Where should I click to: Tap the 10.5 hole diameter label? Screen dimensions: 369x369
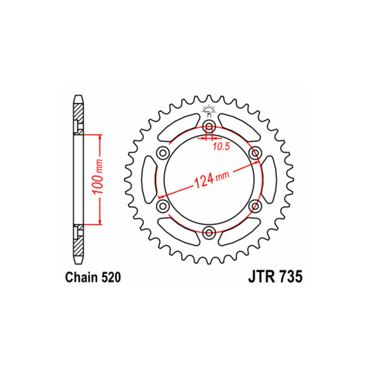tap(221, 147)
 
